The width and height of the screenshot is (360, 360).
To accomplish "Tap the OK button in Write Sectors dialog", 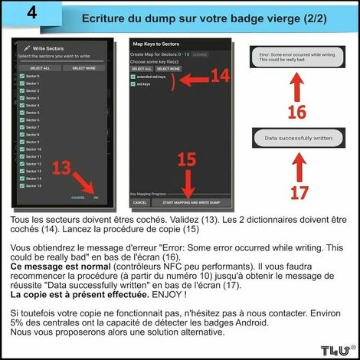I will point(96,198).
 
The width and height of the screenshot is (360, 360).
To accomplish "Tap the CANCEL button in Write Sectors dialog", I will point(78,198).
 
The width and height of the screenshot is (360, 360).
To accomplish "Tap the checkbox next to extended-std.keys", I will point(134,77).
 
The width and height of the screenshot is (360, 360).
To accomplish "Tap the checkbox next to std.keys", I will point(134,84).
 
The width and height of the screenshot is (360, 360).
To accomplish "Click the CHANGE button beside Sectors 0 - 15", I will point(200,54).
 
